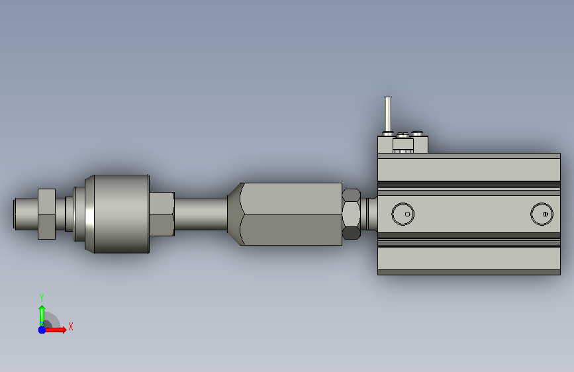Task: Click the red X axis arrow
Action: (55, 330)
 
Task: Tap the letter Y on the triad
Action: (42, 297)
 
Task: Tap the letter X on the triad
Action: (71, 326)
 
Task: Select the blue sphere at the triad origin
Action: (42, 330)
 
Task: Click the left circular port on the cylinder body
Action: (403, 214)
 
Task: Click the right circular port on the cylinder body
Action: (542, 214)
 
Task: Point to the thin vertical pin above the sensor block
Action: (388, 114)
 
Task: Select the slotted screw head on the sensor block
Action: (403, 135)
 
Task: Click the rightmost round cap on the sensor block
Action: (417, 133)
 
